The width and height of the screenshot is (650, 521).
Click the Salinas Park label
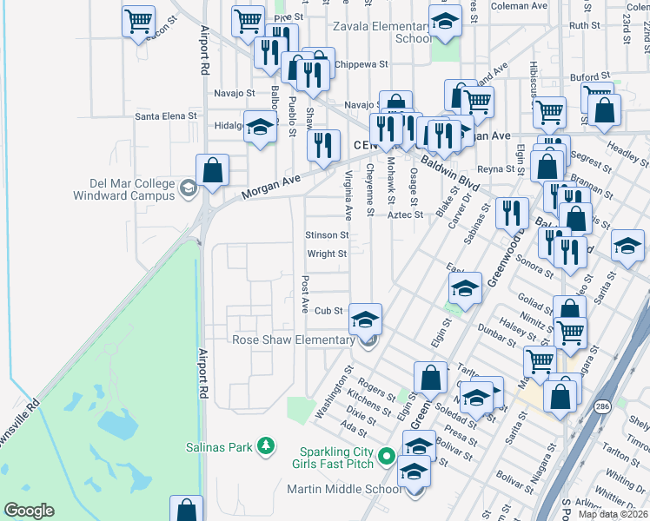point(217,447)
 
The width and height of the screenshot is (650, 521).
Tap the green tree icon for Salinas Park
point(266,447)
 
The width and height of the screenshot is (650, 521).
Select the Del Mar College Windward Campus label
point(133,188)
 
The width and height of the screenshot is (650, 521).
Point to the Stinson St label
point(327,234)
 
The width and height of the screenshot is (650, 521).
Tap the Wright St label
point(327,254)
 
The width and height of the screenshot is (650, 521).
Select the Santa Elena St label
point(167,115)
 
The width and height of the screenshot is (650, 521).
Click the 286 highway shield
point(602,406)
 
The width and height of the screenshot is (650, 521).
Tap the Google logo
point(29,511)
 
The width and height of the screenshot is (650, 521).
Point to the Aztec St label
point(405,214)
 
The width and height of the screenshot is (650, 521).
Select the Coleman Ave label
point(519,5)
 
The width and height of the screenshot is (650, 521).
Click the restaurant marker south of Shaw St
point(323,146)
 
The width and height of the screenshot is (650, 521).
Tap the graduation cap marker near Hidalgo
point(260,127)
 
